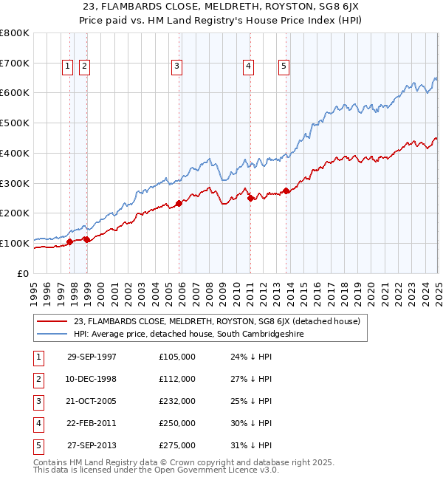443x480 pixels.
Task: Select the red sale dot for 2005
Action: tap(179, 203)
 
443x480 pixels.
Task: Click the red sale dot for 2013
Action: tap(286, 191)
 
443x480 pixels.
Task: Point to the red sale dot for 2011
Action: tap(250, 198)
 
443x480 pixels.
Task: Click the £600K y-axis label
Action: tap(15, 93)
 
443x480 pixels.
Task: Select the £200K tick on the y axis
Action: tap(15, 213)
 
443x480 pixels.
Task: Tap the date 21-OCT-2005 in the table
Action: tap(92, 401)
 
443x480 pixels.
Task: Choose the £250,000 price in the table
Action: tap(177, 423)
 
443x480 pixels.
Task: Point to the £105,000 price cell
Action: tap(177, 357)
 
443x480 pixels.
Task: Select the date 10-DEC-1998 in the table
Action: tap(92, 379)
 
